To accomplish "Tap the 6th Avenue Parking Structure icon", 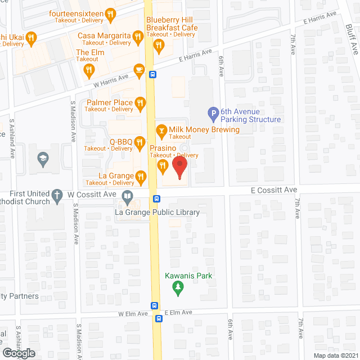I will (213, 115).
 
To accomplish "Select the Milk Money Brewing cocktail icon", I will (161, 130).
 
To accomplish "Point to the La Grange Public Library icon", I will (128, 197).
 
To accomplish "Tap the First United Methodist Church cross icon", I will (56, 196).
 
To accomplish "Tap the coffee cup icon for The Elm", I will (88, 70).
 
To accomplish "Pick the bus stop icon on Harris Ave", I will (152, 74).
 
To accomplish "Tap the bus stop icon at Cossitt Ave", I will (157, 198).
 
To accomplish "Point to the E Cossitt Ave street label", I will (274, 190).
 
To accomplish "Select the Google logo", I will (18, 353).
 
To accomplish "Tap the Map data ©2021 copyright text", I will (336, 355).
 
